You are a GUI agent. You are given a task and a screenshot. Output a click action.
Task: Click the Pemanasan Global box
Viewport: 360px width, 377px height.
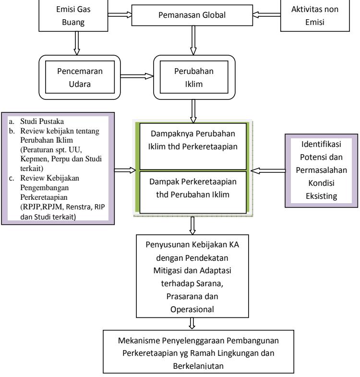(192, 15)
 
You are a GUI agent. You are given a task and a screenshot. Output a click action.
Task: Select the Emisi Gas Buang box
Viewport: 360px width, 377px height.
(73, 16)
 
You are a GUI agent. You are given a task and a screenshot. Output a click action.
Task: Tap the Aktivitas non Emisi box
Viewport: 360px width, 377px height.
(315, 16)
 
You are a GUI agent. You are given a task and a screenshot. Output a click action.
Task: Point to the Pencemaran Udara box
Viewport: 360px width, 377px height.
(80, 77)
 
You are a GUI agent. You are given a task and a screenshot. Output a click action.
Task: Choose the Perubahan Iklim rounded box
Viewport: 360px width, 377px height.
(194, 77)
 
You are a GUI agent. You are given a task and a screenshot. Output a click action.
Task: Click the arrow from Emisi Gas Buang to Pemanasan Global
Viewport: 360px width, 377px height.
(120, 15)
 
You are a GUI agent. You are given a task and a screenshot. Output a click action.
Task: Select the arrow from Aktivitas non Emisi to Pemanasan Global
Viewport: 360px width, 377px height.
(266, 15)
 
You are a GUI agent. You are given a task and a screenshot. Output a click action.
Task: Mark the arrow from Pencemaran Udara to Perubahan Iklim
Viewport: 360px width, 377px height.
(137, 76)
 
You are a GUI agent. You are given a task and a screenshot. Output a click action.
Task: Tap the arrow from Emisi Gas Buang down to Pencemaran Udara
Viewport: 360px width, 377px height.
(77, 43)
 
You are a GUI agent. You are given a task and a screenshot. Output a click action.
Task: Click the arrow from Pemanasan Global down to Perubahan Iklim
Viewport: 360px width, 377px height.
(193, 40)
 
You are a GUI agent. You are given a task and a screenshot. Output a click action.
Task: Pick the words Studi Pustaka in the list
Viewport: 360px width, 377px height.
(42, 121)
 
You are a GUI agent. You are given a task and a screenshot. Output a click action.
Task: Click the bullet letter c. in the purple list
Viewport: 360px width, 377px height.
(12, 178)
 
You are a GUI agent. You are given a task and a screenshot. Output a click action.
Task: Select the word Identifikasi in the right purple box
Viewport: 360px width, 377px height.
(321, 144)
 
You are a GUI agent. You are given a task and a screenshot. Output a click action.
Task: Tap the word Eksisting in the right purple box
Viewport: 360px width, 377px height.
(321, 196)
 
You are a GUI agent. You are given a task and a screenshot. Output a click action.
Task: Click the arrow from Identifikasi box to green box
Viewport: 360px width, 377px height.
(268, 170)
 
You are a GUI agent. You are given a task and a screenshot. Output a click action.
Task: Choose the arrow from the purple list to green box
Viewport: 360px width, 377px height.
(125, 170)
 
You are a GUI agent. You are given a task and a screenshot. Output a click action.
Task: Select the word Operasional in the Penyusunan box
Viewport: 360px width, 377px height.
(192, 309)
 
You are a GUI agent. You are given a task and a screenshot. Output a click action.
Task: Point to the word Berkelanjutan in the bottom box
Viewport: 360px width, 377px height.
(198, 366)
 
